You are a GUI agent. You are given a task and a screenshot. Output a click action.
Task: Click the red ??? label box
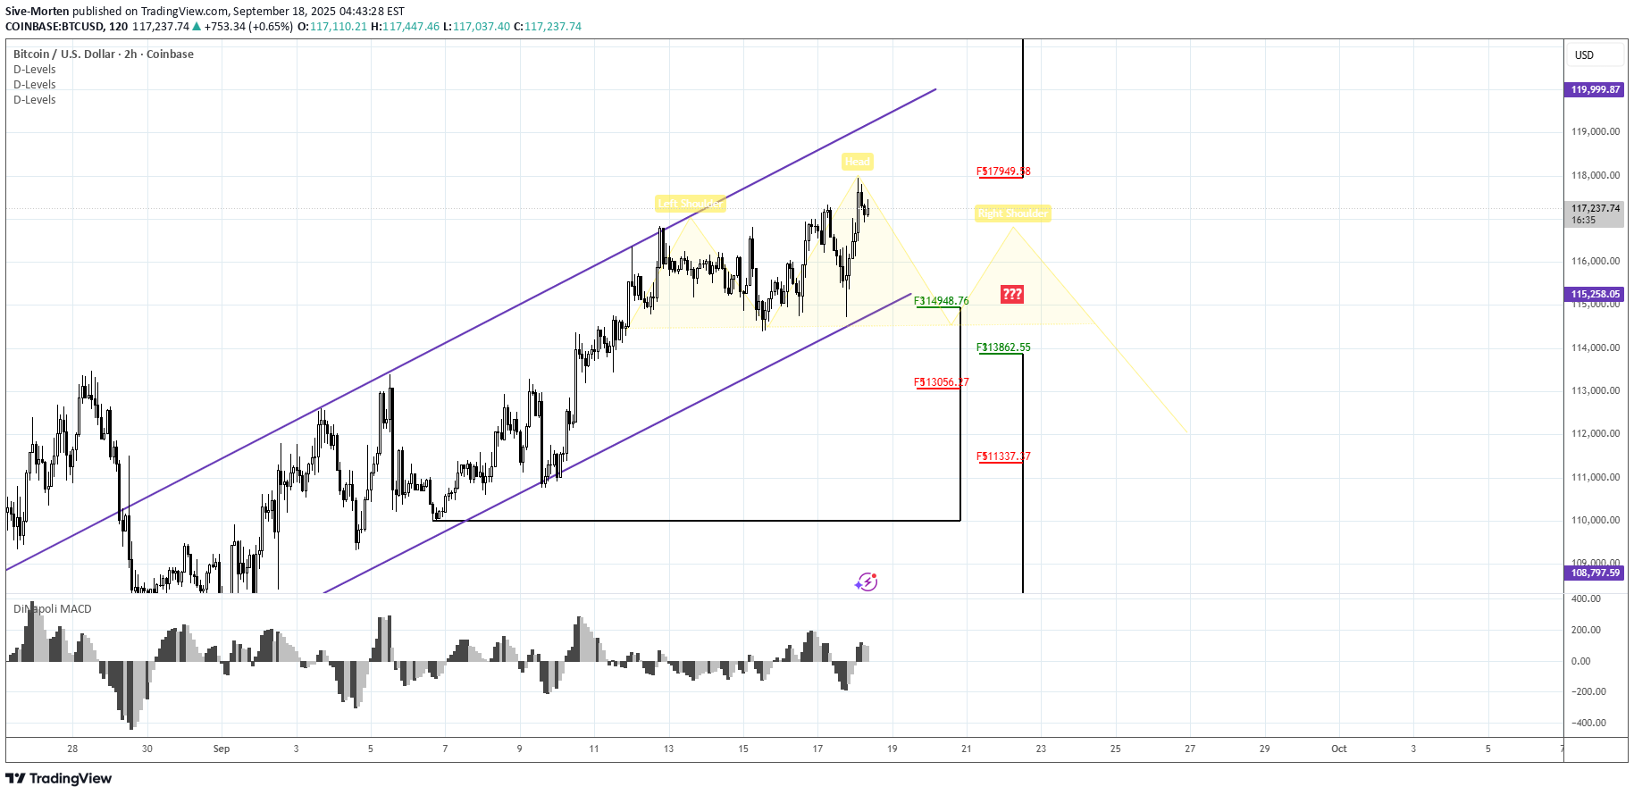(1011, 294)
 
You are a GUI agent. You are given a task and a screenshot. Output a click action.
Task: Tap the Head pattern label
(857, 162)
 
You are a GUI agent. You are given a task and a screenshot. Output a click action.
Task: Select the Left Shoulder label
(690, 204)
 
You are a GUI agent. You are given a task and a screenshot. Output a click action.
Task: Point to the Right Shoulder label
(1012, 213)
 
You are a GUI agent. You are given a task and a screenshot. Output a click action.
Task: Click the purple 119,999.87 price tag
(1595, 89)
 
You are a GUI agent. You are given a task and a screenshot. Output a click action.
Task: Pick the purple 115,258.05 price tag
(1595, 294)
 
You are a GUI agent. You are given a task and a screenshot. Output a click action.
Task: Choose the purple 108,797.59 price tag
(1595, 573)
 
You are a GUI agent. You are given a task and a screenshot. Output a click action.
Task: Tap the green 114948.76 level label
(942, 301)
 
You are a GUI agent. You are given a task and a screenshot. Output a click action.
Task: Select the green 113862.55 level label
(1003, 347)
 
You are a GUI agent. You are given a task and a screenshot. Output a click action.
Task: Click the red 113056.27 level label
(942, 382)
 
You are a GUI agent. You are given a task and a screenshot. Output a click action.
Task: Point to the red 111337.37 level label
(1003, 456)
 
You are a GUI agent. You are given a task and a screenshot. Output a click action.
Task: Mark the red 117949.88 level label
(1003, 172)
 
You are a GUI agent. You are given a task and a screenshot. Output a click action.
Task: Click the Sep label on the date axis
(222, 749)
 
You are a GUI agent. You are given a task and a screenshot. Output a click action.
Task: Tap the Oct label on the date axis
(1338, 749)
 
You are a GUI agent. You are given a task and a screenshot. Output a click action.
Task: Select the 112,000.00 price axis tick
(1595, 434)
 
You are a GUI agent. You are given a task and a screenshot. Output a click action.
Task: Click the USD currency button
(1584, 55)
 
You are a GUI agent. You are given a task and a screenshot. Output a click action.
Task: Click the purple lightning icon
(866, 582)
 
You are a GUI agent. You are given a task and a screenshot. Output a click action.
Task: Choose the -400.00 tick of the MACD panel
(1588, 723)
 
